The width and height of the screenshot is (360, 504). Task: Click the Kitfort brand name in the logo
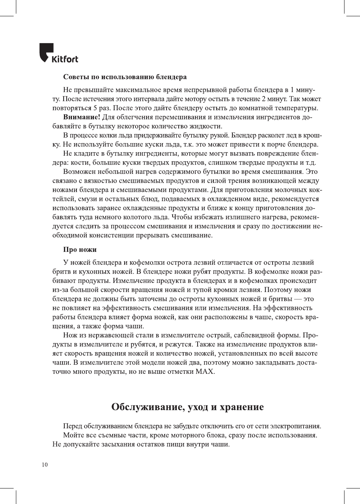click(x=65, y=59)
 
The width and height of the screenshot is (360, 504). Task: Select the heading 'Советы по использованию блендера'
click(x=125, y=77)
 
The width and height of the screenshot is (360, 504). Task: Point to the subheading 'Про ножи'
click(x=79, y=250)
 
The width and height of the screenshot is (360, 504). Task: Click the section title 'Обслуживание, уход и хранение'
click(x=187, y=407)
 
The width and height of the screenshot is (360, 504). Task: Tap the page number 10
click(x=45, y=465)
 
